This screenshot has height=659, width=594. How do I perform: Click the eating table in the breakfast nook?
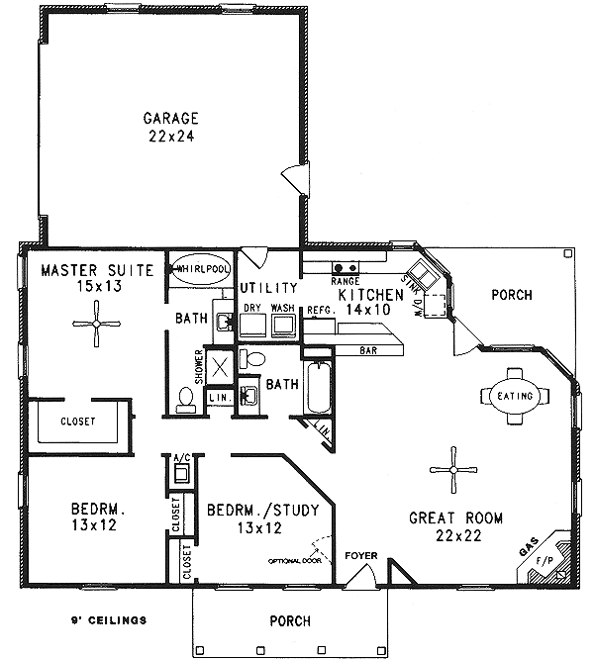click(514, 396)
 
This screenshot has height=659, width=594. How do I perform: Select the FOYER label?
click(360, 556)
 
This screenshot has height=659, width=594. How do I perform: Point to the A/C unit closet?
click(181, 471)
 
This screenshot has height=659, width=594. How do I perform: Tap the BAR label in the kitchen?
click(369, 350)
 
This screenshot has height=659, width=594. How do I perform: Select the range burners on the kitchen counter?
click(345, 267)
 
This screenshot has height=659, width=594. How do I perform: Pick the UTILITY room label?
click(268, 287)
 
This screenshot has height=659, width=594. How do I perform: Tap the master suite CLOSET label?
click(78, 422)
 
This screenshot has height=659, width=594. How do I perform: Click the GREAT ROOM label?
click(456, 518)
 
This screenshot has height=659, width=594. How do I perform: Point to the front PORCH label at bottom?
click(289, 621)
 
